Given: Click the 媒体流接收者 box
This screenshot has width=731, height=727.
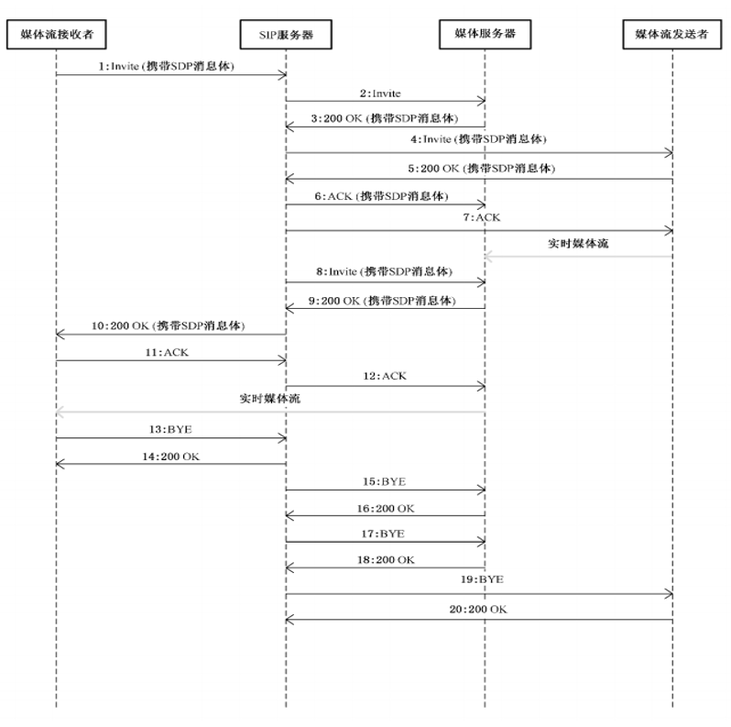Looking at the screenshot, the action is pyautogui.click(x=57, y=34).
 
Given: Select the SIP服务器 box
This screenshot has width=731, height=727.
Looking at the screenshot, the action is pyautogui.click(x=286, y=34).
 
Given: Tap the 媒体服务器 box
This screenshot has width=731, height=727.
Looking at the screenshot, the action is pyautogui.click(x=485, y=34).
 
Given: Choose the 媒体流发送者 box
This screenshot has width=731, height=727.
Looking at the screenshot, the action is pyautogui.click(x=671, y=34).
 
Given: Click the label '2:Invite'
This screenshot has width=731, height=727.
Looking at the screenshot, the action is pyautogui.click(x=380, y=94).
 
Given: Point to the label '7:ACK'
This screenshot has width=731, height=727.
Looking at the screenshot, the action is pyautogui.click(x=482, y=217).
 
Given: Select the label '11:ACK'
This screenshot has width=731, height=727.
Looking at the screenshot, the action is pyautogui.click(x=167, y=352).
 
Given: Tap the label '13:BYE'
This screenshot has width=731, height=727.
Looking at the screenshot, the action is pyautogui.click(x=170, y=429).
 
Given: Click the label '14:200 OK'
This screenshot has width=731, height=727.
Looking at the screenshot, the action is pyautogui.click(x=170, y=457).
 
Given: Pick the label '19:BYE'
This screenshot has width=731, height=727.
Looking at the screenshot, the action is pyautogui.click(x=482, y=579).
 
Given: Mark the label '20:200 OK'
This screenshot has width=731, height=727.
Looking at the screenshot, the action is pyautogui.click(x=478, y=610).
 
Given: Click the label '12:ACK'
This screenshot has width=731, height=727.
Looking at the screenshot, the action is pyautogui.click(x=385, y=376).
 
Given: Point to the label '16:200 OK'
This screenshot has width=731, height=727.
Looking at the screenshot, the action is pyautogui.click(x=386, y=509).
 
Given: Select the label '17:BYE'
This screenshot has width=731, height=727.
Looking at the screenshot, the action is pyautogui.click(x=383, y=534).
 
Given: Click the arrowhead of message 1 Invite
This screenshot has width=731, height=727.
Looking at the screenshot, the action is pyautogui.click(x=283, y=75).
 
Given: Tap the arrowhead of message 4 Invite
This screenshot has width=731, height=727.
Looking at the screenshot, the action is pyautogui.click(x=670, y=153).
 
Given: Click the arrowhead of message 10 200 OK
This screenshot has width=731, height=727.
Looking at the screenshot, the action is pyautogui.click(x=59, y=334).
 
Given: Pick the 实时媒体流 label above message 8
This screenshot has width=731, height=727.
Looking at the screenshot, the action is pyautogui.click(x=578, y=244).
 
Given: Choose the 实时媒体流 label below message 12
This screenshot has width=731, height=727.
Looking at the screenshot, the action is pyautogui.click(x=270, y=399).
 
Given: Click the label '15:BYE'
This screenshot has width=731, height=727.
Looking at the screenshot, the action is pyautogui.click(x=384, y=481).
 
